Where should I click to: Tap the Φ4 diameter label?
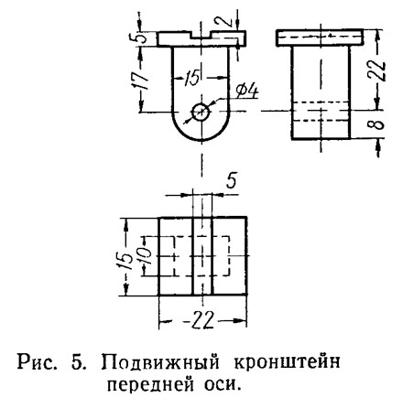click(246, 91)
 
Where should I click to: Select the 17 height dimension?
click(141, 81)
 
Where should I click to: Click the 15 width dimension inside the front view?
click(191, 78)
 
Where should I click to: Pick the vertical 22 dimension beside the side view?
click(379, 71)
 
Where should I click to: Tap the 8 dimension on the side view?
click(378, 124)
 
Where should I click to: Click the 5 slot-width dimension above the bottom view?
click(231, 181)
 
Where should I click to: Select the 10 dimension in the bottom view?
click(145, 255)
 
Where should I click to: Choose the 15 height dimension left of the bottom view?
click(125, 261)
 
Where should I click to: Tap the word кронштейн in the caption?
click(287, 362)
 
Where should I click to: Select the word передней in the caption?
click(150, 384)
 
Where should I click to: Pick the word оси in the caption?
click(221, 385)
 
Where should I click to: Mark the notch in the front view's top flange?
click(201, 35)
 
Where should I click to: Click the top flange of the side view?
click(320, 38)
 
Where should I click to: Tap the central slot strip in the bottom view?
click(201, 256)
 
